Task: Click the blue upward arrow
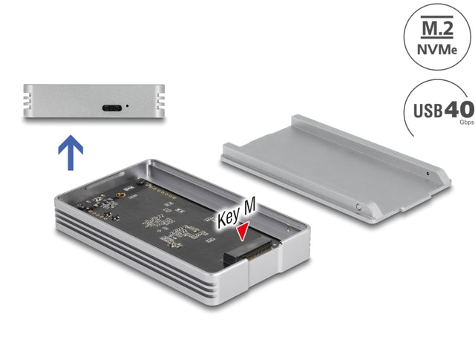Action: click(71, 151)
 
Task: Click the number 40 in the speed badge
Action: click(458, 109)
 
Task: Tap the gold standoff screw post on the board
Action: click(117, 199)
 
